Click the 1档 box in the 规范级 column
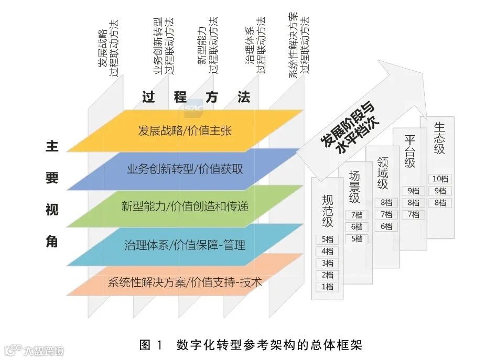click(327, 287)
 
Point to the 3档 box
click(327, 263)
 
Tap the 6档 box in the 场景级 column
click(357, 227)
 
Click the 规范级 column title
click(328, 210)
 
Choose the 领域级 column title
click(383, 173)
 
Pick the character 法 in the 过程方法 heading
click(244, 97)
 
